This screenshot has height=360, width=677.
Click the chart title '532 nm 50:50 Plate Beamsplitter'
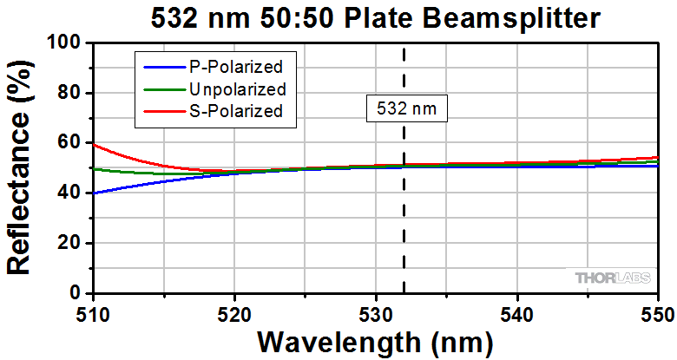(374, 16)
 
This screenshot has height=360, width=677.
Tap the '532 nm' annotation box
(406, 109)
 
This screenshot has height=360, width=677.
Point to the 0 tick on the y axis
(76, 294)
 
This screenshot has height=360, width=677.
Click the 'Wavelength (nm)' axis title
(375, 342)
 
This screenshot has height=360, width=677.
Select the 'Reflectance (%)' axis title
(20, 168)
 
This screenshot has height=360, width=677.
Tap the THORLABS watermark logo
(611, 278)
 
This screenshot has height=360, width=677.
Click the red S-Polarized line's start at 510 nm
(94, 144)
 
